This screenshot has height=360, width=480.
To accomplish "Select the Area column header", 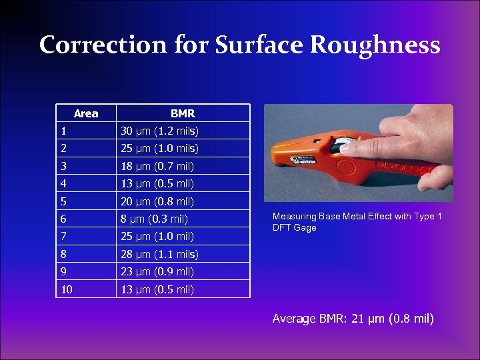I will [x=86, y=113].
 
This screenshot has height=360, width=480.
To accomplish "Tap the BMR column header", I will [x=182, y=113].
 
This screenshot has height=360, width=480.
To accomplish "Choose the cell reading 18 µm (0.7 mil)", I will [x=157, y=166].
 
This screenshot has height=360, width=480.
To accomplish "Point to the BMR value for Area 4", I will [x=157, y=183].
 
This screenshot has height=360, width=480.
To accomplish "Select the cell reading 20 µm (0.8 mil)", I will [x=157, y=201].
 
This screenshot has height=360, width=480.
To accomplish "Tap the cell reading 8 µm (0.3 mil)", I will [x=154, y=219].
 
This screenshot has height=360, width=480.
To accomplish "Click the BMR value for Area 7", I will [x=157, y=236].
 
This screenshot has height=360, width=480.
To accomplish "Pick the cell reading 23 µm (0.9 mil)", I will [x=157, y=271].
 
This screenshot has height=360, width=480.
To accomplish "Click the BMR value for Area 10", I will [x=157, y=289].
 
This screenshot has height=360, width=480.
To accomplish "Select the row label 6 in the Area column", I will [x=63, y=219].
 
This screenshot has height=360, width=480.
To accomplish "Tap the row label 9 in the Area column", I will [x=63, y=271].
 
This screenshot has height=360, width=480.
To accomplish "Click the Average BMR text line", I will [x=353, y=319].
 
